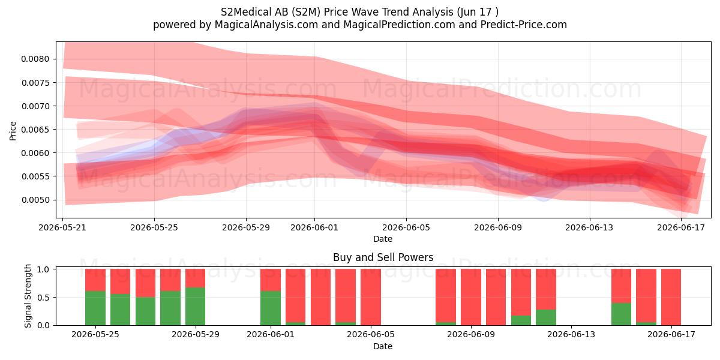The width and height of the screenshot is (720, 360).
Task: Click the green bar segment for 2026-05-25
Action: [95, 308]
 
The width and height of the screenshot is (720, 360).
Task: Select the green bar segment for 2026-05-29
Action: [196, 307]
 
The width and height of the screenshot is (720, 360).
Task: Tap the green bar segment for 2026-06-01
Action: [271, 308]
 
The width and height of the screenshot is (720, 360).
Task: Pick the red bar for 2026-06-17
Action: [671, 297]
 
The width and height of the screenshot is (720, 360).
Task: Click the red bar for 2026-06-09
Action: [471, 297]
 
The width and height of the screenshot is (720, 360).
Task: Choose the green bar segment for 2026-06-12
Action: [546, 317]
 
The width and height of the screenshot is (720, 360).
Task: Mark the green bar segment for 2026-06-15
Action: [621, 314]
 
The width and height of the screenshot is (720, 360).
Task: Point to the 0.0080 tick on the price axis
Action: [55, 59]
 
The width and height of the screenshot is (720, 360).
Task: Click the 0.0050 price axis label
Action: [35, 200]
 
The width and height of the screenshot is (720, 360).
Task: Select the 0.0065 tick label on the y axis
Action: [35, 130]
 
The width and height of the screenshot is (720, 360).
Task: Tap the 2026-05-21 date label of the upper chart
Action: [62, 227]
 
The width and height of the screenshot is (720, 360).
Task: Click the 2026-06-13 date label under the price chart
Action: [589, 227]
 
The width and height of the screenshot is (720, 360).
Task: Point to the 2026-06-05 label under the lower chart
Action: [371, 334]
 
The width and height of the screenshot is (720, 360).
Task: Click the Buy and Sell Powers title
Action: [383, 257]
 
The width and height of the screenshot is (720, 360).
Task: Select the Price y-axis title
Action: [13, 131]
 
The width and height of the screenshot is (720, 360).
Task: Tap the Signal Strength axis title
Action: [28, 296]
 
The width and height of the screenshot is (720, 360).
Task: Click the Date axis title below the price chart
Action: [383, 239]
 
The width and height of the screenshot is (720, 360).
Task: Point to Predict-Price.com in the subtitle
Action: [524, 25]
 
